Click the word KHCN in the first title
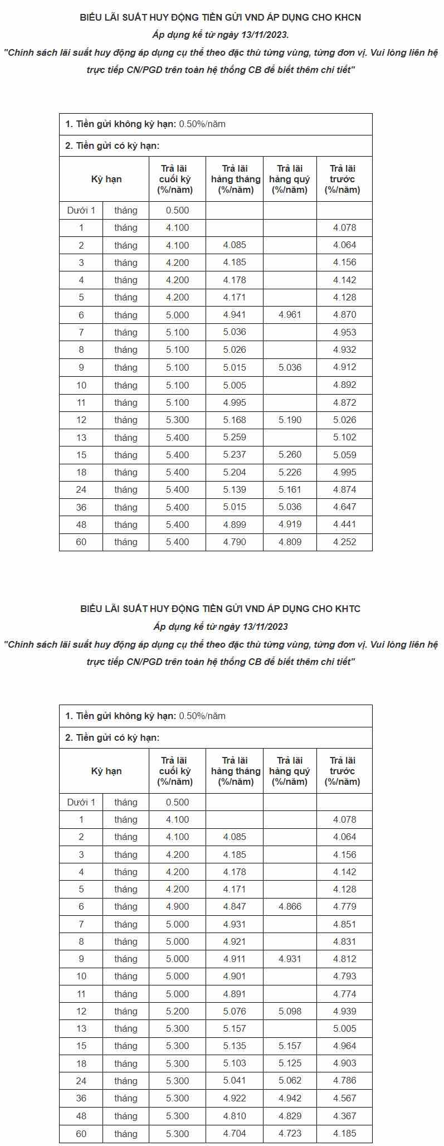[348, 17]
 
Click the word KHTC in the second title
[348, 609]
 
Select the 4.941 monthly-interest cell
[235, 315]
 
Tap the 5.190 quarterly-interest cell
[290, 420]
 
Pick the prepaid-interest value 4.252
[344, 542]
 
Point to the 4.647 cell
[344, 507]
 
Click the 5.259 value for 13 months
[235, 438]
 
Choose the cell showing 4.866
[290, 907]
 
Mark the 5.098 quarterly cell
[290, 1011]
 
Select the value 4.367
[344, 1116]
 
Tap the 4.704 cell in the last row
[235, 1134]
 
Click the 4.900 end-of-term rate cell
[177, 907]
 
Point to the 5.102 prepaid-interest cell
[344, 438]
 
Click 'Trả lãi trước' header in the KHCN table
[343, 179]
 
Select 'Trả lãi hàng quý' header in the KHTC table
[289, 771]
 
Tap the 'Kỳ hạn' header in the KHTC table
[106, 771]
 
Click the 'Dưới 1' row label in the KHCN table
[81, 210]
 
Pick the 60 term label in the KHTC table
[81, 1134]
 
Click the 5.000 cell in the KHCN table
[177, 315]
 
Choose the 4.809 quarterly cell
[290, 542]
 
